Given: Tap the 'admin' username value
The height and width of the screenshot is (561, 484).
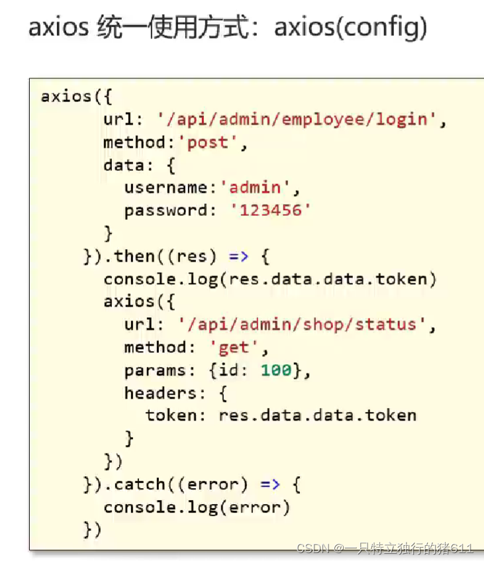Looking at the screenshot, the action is [x=255, y=187].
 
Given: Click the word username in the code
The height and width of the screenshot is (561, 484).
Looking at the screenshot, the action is [x=166, y=187].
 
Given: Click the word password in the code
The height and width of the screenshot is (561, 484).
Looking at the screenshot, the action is [x=166, y=211].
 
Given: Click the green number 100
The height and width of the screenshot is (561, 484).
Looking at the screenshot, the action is [x=276, y=370].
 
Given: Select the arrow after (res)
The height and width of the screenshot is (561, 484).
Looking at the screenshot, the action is [x=239, y=256].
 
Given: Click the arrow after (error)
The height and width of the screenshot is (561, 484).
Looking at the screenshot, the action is [x=270, y=484].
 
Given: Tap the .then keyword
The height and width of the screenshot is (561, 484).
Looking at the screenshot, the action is [x=130, y=256].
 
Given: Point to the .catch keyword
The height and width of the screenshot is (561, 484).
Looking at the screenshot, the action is [x=136, y=484].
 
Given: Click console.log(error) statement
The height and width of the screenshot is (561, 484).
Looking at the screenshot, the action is [x=197, y=507].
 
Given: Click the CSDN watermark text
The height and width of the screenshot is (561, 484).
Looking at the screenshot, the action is [x=385, y=548].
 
